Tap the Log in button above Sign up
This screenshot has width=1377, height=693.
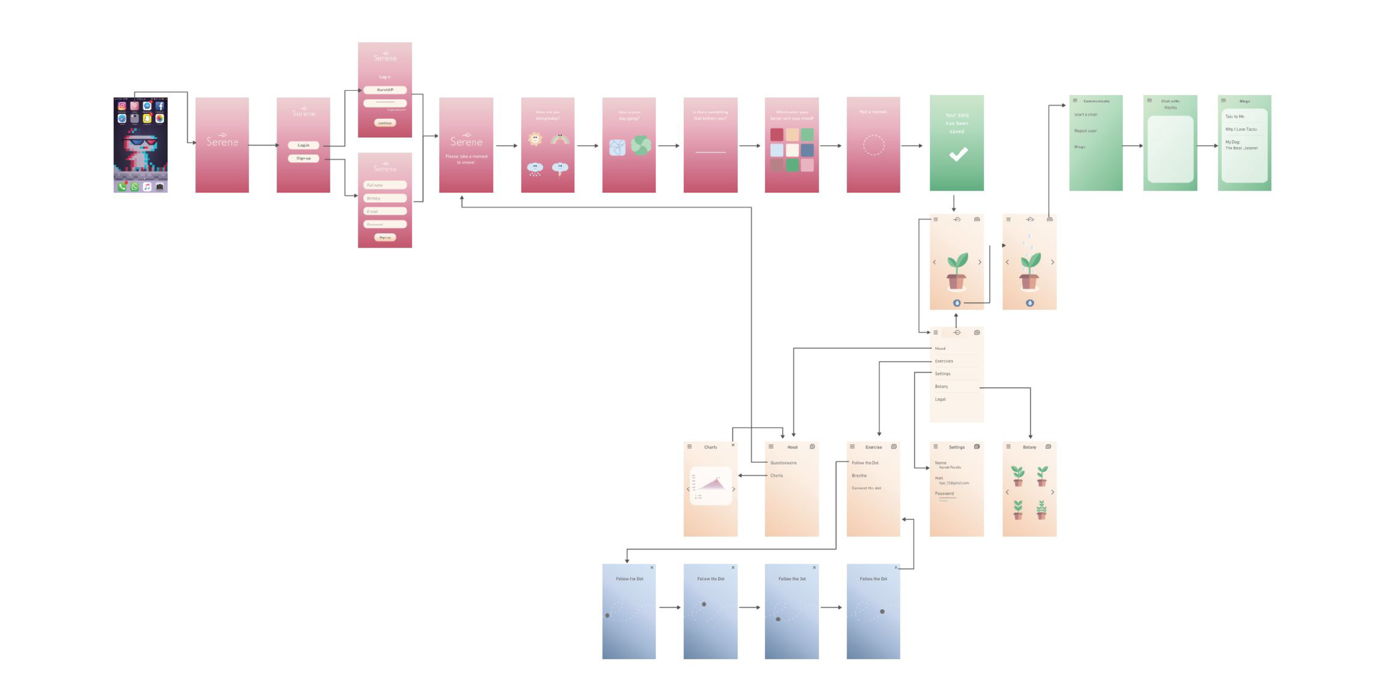[303, 145]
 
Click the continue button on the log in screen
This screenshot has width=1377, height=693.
[384, 123]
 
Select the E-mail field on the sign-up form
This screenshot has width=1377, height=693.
[384, 212]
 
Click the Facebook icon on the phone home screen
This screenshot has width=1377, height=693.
[160, 106]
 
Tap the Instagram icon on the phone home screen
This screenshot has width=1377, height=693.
[122, 106]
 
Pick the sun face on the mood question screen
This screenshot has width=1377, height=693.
[534, 139]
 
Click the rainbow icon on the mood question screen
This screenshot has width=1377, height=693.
[560, 139]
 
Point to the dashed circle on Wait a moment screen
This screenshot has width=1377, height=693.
[873, 145]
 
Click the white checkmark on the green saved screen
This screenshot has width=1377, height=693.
[958, 154]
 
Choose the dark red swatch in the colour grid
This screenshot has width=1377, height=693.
[777, 134]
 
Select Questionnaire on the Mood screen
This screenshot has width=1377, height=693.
[783, 463]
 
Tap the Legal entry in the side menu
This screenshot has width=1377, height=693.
[940, 399]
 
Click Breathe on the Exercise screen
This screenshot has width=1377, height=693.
[859, 475]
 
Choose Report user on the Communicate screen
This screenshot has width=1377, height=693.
[1085, 131]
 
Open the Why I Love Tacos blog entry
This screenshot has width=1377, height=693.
[1240, 129]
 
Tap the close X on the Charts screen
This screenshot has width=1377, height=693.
[733, 445]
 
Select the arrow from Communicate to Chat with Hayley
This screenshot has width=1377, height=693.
[1132, 146]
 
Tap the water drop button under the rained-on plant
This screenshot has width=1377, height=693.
[1029, 303]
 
